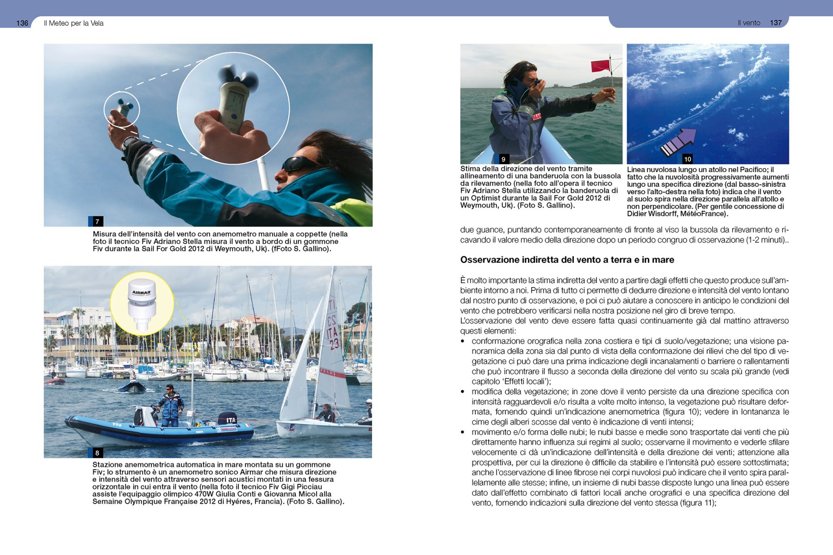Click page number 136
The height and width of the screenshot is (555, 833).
22,23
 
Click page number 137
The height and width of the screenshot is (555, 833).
776,23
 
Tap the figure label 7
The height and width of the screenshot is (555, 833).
97,222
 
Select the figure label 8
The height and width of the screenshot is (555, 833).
97,453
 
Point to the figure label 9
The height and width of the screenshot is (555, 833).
503,159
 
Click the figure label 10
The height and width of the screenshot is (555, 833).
687,159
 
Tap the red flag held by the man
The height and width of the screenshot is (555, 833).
601,66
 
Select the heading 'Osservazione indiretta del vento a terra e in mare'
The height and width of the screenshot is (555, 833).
567,260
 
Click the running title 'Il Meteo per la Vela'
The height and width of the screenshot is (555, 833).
74,23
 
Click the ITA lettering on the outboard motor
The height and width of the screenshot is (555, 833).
230,420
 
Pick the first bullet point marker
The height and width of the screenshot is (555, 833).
462,341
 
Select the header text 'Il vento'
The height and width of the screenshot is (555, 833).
749,23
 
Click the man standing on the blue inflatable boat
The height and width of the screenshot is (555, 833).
170,405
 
